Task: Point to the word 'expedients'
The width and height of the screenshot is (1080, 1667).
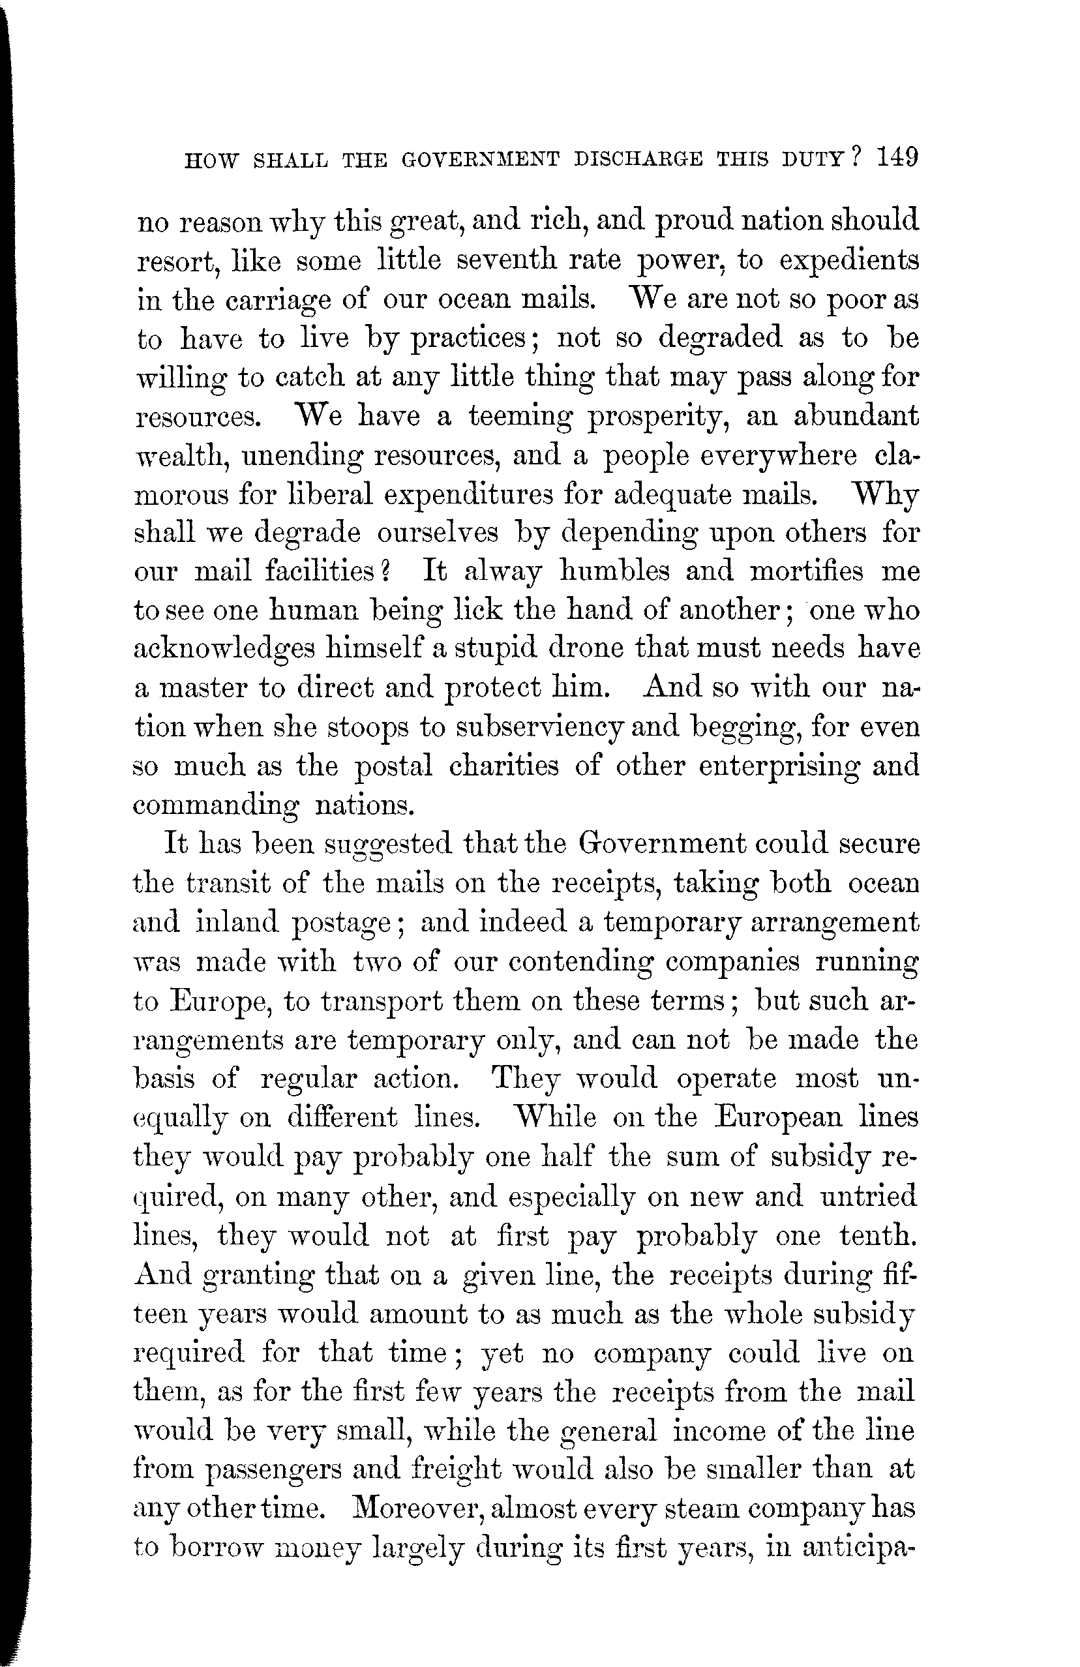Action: point(848,263)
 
